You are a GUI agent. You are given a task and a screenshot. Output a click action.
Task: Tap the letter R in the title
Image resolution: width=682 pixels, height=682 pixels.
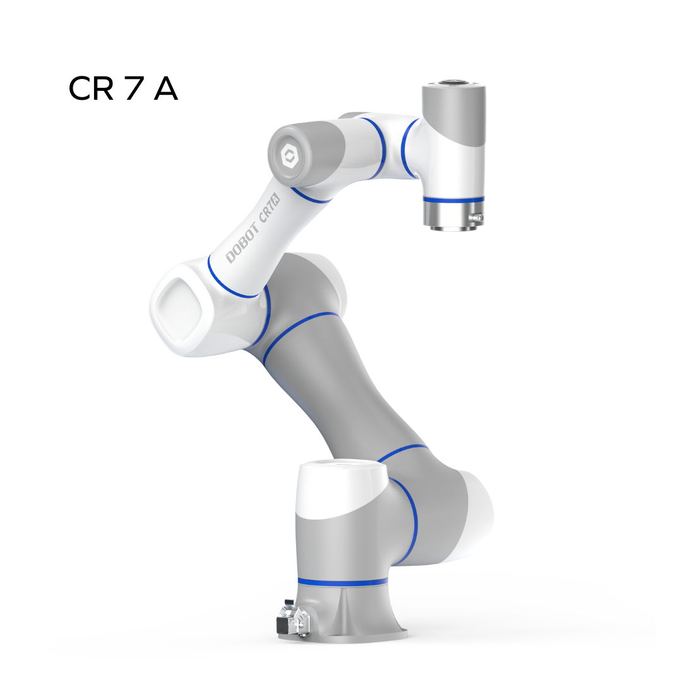(x=103, y=89)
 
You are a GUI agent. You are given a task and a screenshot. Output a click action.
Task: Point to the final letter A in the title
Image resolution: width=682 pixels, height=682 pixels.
(x=165, y=89)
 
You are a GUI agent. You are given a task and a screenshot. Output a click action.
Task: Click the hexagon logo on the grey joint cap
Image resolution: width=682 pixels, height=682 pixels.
(x=289, y=156)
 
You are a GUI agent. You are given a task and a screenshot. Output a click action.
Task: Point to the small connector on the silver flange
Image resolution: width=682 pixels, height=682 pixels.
(x=477, y=217)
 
